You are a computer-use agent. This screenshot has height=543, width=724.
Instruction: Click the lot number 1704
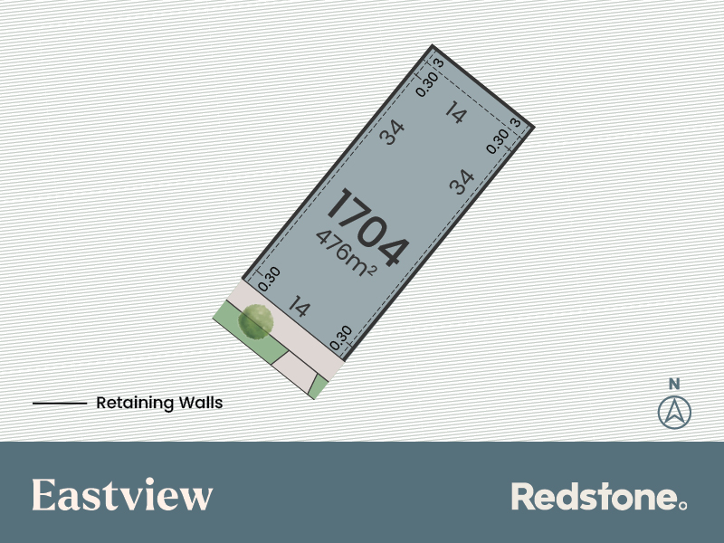(x=368, y=227)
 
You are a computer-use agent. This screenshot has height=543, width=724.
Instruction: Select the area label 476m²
(x=347, y=253)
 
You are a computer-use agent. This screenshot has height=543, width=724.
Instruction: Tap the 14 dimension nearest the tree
(x=299, y=306)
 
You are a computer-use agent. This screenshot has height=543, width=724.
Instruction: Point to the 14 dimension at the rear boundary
(x=456, y=112)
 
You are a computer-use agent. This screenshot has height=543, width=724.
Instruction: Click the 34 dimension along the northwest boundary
(x=392, y=132)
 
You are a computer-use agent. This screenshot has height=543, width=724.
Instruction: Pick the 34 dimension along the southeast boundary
(x=462, y=182)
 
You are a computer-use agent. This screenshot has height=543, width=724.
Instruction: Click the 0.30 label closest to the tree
(x=269, y=279)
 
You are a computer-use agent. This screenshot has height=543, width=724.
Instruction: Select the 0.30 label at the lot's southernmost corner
(x=341, y=338)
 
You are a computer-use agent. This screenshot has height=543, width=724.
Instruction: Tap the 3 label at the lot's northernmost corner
(x=439, y=62)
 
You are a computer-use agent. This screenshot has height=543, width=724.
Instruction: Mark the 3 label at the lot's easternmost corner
(x=516, y=122)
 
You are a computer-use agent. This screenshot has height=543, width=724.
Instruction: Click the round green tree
(x=255, y=322)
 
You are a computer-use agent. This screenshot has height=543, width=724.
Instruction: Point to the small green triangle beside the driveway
(x=319, y=387)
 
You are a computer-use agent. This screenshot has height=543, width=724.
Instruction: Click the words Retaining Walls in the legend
(x=159, y=403)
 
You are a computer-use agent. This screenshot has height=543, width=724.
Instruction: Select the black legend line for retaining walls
(x=60, y=403)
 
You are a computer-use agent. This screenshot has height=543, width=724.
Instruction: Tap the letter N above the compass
(x=674, y=384)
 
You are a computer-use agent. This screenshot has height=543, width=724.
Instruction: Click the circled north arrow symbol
(x=674, y=412)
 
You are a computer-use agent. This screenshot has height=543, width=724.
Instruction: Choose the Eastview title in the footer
(x=122, y=494)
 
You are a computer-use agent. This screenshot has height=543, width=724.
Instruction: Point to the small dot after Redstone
(x=683, y=506)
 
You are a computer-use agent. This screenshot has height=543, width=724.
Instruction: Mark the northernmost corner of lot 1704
(x=433, y=45)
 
